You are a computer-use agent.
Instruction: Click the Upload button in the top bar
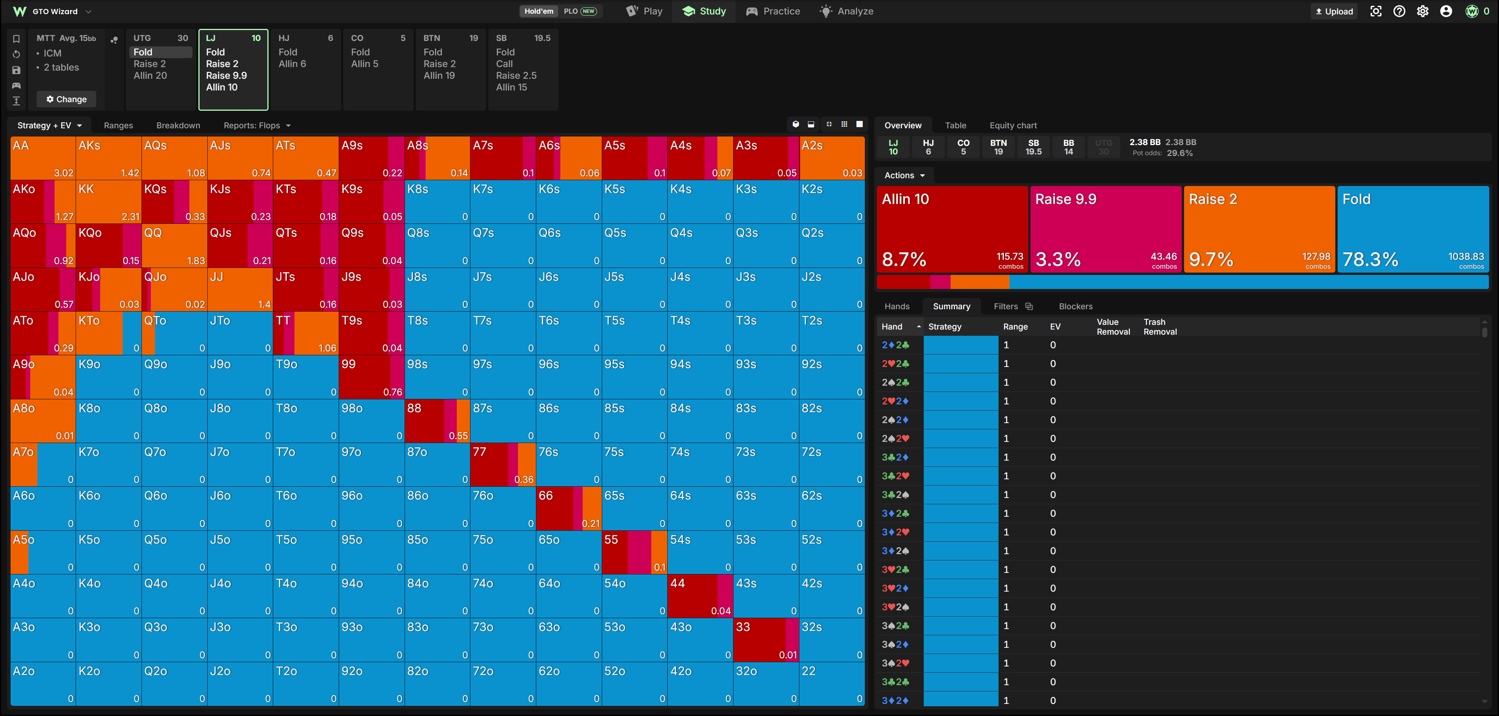(x=1334, y=11)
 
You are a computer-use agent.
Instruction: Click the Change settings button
(x=66, y=99)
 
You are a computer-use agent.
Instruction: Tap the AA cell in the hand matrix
(x=43, y=158)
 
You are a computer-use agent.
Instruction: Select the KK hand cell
(x=108, y=201)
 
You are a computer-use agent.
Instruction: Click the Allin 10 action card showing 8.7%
(x=952, y=229)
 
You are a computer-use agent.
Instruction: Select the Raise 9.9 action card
(x=1106, y=229)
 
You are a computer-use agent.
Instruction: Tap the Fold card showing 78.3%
(x=1413, y=229)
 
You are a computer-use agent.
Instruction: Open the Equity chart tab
(x=1013, y=125)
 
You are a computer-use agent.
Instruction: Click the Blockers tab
(x=1075, y=306)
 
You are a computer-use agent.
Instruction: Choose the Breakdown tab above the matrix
(x=178, y=125)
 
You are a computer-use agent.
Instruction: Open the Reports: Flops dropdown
(x=256, y=125)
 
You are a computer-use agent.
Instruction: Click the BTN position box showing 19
(x=999, y=147)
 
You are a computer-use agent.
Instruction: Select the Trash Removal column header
(x=1160, y=326)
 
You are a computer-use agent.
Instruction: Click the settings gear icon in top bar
(x=1422, y=11)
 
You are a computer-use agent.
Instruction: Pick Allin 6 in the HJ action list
(x=292, y=64)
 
